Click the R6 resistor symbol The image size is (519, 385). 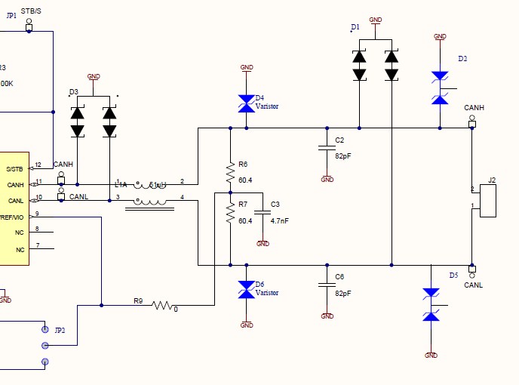click(231, 174)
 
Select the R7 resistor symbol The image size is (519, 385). click(231, 216)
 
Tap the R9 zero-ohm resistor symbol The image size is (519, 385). click(163, 306)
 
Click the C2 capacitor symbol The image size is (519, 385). click(327, 149)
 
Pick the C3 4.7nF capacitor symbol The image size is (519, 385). click(263, 214)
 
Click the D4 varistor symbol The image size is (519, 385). click(246, 103)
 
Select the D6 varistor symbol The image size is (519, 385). click(246, 290)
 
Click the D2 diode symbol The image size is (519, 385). click(441, 88)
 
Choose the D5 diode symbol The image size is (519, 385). click(431, 304)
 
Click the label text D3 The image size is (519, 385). click(73, 92)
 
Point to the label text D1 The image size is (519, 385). click(355, 27)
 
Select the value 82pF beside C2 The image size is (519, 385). click(343, 156)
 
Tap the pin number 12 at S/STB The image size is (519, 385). click(38, 165)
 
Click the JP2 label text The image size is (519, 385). click(60, 330)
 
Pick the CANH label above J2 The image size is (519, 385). click(474, 108)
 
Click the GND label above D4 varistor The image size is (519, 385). click(246, 67)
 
